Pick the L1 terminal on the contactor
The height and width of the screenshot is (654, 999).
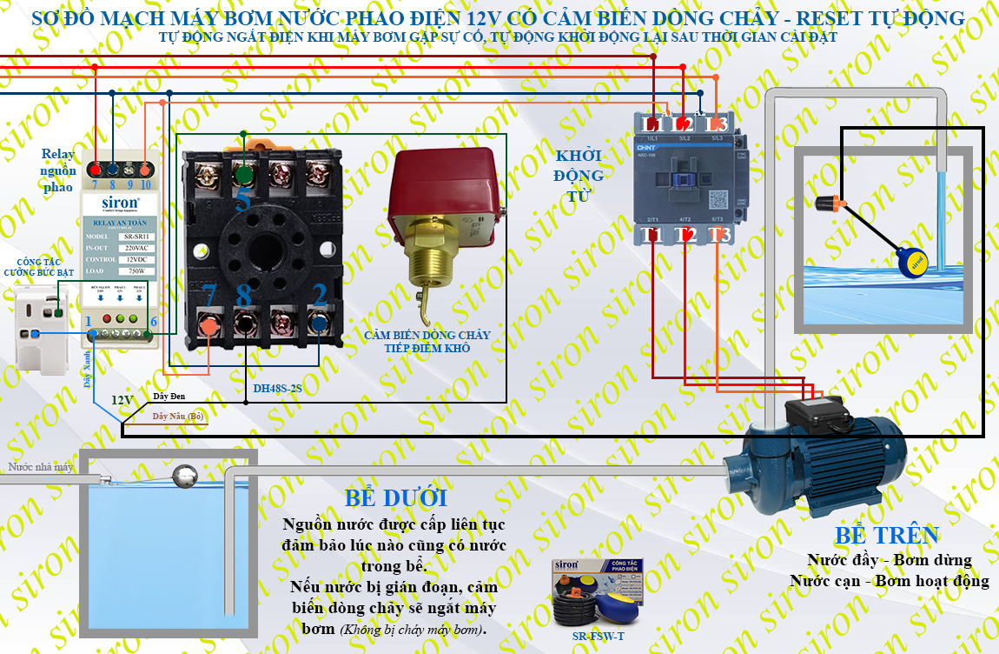coord(652,124)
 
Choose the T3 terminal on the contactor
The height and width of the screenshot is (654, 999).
coord(718,236)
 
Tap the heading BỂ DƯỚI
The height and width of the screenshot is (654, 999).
coord(396,498)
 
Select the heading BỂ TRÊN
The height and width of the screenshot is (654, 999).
coord(887,535)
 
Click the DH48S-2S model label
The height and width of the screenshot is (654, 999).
coord(277,389)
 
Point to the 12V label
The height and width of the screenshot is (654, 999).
coord(122,400)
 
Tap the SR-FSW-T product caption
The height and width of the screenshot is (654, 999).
coord(599,636)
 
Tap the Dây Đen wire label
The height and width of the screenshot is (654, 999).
coord(170,397)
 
